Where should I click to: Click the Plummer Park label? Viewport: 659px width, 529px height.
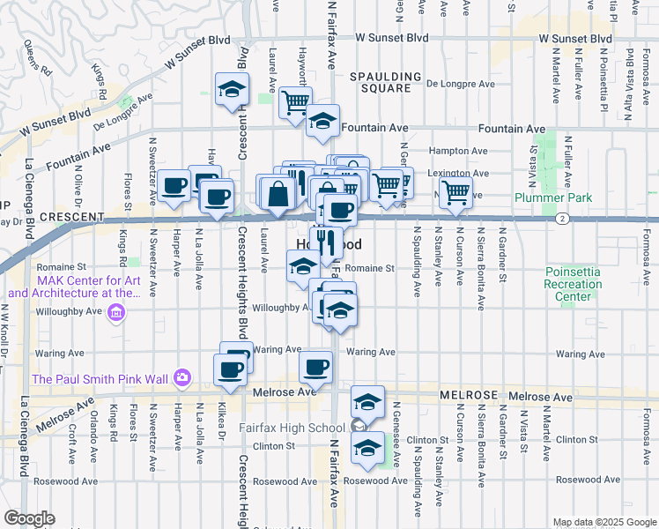tap(557, 198)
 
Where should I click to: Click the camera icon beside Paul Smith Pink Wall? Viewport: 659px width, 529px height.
tap(182, 378)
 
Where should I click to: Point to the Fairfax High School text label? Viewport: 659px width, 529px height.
tap(291, 428)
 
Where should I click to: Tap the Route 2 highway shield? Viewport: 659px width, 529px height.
tap(561, 217)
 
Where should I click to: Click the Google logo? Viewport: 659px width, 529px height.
tap(29, 518)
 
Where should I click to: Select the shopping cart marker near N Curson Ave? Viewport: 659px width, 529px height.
tap(455, 191)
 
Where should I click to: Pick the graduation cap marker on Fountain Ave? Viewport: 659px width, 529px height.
tap(323, 123)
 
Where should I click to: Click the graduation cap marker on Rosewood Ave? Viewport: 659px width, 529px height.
tap(367, 448)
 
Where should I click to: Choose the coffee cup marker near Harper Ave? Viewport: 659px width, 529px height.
tap(174, 184)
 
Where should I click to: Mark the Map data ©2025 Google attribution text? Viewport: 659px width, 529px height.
tap(604, 522)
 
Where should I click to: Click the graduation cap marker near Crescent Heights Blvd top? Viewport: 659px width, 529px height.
tap(233, 89)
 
